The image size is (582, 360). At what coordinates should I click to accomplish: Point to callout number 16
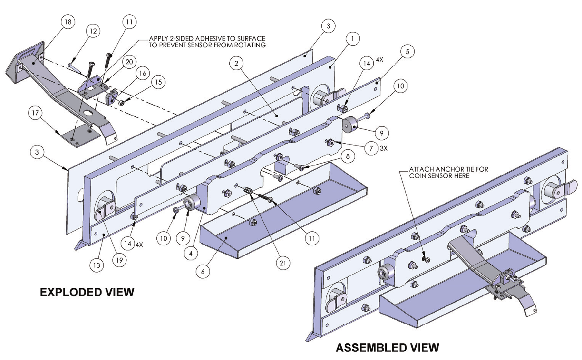tap(142, 73)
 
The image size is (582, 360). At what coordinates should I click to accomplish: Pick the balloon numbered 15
tap(158, 82)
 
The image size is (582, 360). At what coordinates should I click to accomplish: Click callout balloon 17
tap(35, 113)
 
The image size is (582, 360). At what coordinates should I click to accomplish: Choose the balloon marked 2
tap(236, 63)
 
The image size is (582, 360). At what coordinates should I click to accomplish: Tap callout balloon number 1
tap(352, 39)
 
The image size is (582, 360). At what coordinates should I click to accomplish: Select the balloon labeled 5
tap(407, 51)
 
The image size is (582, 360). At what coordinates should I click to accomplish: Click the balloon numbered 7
tap(371, 148)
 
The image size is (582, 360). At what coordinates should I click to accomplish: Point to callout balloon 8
tap(348, 156)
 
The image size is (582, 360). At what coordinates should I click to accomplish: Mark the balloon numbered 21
tap(283, 263)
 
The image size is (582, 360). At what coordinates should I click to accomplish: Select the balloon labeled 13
tap(97, 265)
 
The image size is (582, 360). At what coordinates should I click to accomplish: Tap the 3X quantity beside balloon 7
tap(383, 148)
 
